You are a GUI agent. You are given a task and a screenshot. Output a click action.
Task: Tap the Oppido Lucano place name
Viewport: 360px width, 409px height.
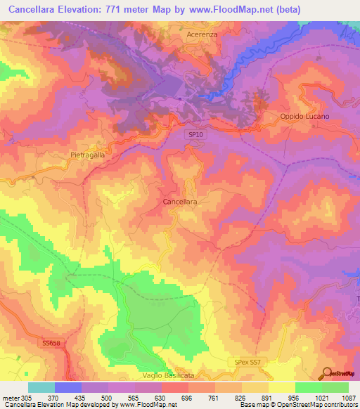(x=305, y=115)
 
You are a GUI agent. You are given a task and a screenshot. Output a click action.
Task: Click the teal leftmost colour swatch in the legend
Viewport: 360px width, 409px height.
(x=41, y=387)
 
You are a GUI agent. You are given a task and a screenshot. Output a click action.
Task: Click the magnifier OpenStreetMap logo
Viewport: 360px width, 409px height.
(x=326, y=373)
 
